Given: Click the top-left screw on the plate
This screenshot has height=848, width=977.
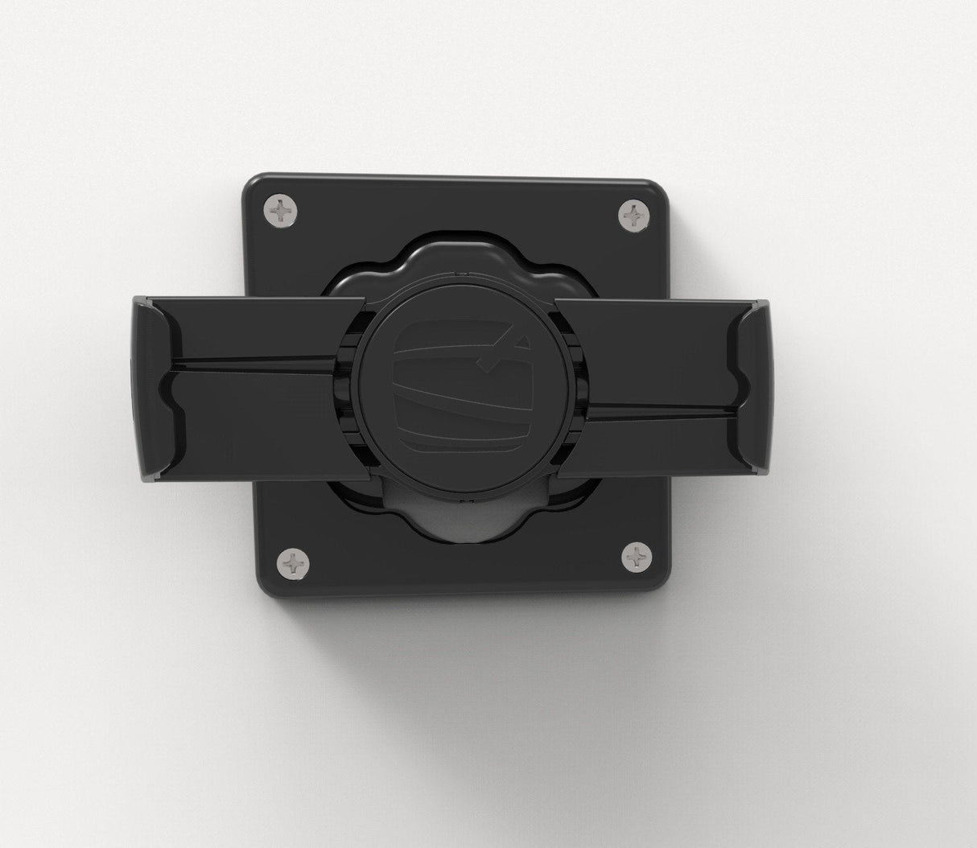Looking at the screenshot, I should [281, 211].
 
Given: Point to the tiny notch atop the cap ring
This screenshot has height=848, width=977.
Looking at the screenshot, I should [456, 275].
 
